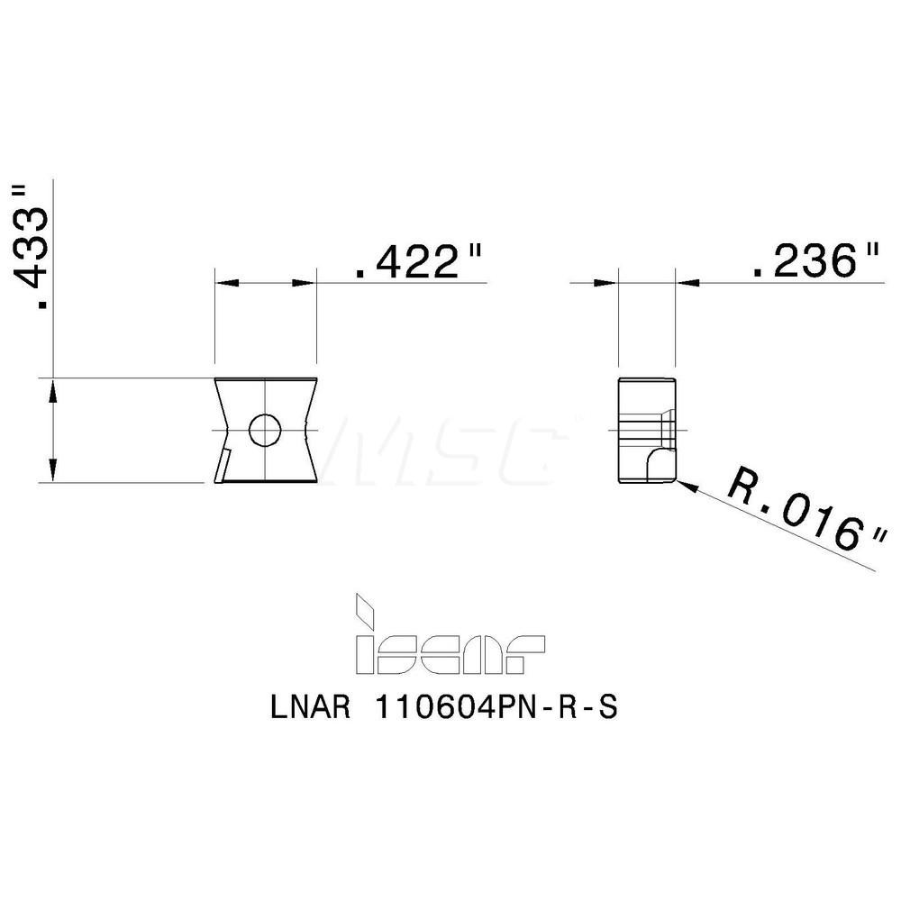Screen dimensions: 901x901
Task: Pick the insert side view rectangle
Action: [x=646, y=430]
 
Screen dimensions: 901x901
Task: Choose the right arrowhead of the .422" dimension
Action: [x=305, y=283]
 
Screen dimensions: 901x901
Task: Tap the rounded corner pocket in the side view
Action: [x=660, y=466]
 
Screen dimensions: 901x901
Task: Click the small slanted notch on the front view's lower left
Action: [x=221, y=466]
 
